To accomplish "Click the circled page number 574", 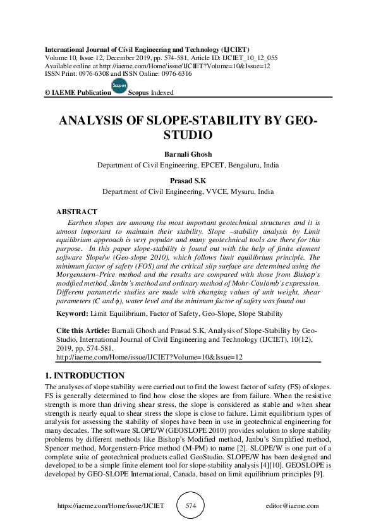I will coord(188,506).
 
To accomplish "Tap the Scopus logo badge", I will coord(119,87).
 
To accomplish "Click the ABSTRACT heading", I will coord(76,212).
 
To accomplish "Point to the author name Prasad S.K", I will coord(188,181).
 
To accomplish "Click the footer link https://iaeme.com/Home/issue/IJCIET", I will coord(111,506).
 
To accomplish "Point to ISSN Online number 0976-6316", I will coord(181,73).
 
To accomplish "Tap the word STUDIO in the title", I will coord(188,135).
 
